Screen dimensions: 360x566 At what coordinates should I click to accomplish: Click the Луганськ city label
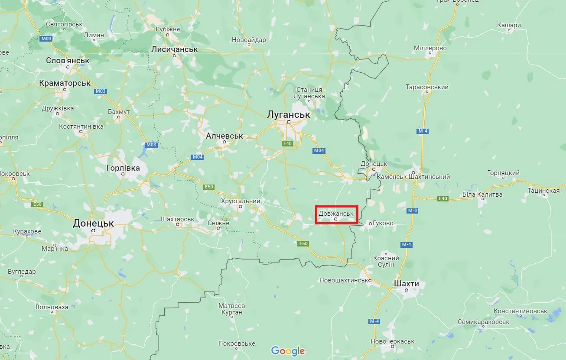point(289,114)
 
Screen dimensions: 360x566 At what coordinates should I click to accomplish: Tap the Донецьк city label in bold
point(93,224)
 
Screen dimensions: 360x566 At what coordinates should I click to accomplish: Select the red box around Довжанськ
point(337,215)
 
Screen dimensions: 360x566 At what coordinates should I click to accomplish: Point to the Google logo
point(288,351)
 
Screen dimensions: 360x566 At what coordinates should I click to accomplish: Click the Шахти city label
point(407,283)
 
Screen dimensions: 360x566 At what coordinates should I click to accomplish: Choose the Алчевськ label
point(224,136)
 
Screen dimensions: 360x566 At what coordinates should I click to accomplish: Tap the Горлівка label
point(123,168)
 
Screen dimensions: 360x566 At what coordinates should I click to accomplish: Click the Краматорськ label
point(65,82)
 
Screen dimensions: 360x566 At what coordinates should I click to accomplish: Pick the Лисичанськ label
point(174,49)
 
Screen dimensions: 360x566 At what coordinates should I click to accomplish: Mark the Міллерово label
point(430,48)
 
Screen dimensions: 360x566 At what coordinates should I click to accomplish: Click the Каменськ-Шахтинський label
point(413,177)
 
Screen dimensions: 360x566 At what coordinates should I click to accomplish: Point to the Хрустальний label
point(241,201)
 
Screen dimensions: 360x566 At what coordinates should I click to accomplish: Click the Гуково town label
point(383,223)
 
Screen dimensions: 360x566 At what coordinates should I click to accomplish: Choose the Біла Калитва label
point(482,195)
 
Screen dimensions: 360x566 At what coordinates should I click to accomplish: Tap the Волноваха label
point(52,307)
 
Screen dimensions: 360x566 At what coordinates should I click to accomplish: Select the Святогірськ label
point(64,24)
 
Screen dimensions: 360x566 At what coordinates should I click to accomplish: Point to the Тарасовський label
point(427,87)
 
